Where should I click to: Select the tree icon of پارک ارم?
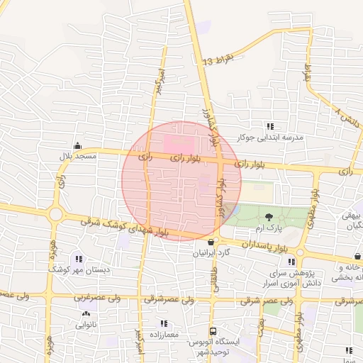pos(269,217)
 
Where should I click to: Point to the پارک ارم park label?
pos(269,228)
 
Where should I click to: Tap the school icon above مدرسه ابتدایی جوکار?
pos(269,126)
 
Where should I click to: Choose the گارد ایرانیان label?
pos(212,252)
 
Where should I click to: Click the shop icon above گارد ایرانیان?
pos(211,242)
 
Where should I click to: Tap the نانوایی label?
pos(86,325)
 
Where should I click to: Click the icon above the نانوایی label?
pos(86,314)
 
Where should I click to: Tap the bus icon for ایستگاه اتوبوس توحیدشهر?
pos(213,331)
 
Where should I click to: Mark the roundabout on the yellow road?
pos(55,213)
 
